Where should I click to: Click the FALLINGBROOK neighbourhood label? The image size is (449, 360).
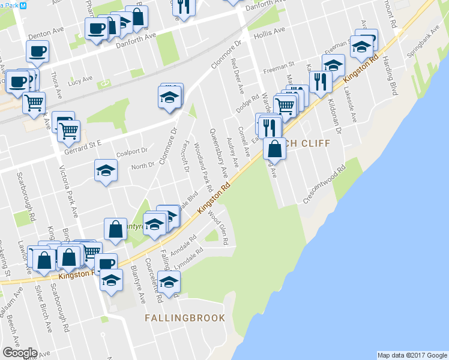click(185, 318)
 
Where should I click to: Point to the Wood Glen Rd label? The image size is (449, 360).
click(220, 230)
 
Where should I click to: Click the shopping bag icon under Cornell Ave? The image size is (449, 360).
click(274, 147)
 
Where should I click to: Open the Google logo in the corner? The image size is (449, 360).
click(20, 353)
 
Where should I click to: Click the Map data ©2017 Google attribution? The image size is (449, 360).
click(412, 355)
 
